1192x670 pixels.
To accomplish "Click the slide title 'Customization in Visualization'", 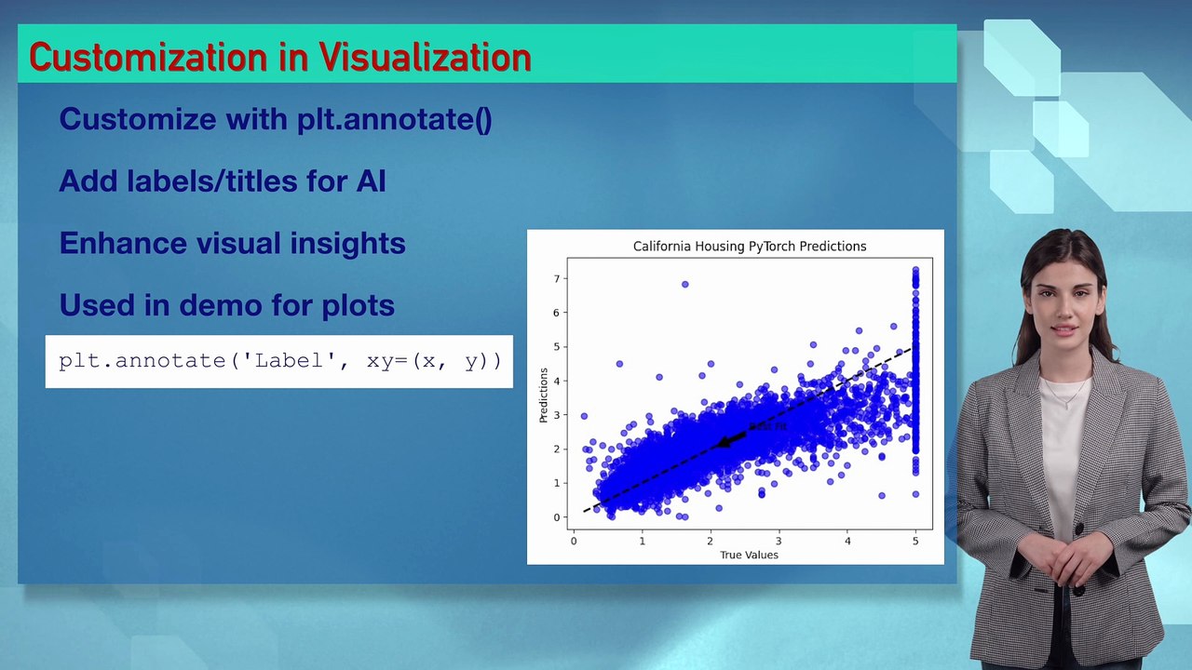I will tap(279, 58).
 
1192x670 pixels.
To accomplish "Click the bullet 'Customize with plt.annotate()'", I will tap(275, 119).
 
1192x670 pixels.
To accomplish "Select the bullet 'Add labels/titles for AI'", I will tap(222, 181).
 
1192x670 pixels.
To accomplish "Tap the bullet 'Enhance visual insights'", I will tap(232, 243).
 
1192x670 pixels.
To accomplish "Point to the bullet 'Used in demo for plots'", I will tap(226, 305).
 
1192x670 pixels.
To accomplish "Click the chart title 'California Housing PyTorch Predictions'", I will tap(750, 247).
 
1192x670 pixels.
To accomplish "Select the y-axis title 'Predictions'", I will tap(544, 395).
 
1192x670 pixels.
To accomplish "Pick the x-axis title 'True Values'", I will tap(749, 556).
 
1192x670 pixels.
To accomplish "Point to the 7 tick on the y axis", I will tap(557, 278).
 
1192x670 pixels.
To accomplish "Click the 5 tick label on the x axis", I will tap(915, 541).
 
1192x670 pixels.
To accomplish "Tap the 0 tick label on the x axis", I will tap(574, 541).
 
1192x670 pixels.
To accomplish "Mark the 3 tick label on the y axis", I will tap(557, 415).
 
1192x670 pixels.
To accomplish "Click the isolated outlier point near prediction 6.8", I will tap(685, 285).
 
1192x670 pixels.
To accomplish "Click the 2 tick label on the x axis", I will tap(711, 541).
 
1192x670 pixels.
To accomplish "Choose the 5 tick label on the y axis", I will tap(557, 347).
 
